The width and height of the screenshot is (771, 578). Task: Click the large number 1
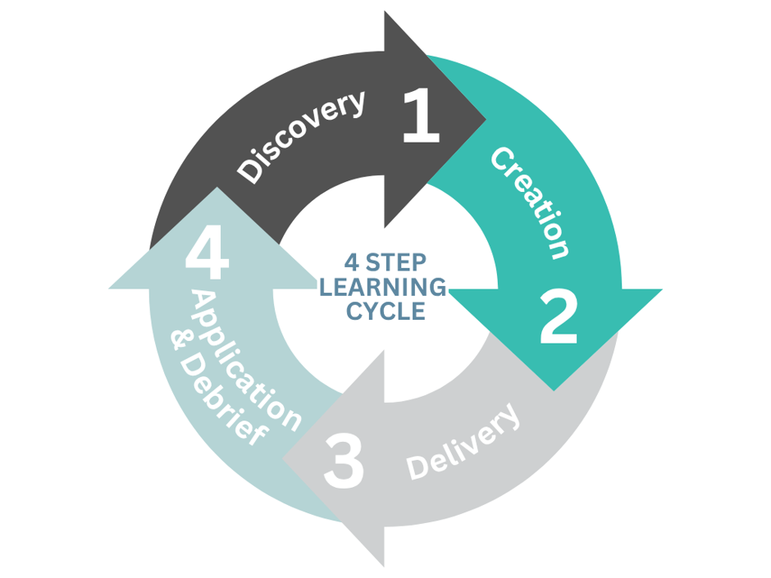422,116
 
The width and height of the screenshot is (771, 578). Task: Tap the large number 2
558,316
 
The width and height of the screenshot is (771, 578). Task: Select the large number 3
344,461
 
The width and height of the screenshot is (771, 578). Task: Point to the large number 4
207,253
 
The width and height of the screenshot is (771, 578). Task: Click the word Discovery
301,137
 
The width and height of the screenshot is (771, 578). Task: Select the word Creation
531,202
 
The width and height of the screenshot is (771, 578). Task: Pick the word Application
246,362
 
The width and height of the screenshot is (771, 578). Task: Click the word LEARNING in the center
383,287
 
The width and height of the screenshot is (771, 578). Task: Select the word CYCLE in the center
386,311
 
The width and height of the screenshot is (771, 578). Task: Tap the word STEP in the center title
396,263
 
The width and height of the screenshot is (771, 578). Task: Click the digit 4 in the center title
352,263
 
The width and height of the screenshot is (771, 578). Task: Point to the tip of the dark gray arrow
486,119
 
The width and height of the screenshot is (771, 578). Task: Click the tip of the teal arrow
554,391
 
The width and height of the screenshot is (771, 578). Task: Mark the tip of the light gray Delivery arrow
283,460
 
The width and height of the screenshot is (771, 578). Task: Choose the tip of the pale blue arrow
217,187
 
